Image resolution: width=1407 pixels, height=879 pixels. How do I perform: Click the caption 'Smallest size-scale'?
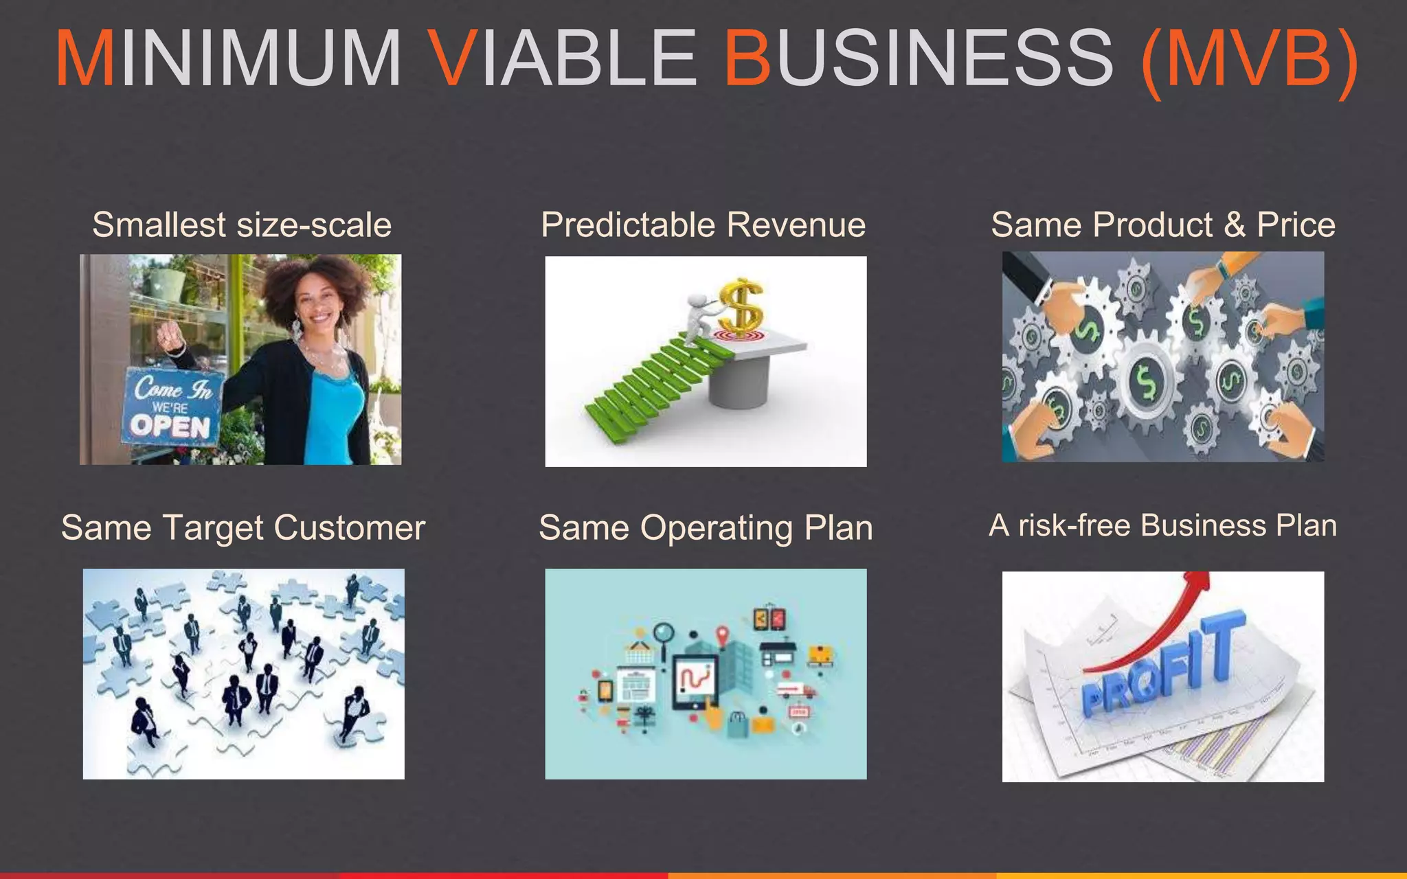coord(242,225)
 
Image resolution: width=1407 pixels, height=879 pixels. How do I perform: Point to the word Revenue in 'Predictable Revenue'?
coord(796,225)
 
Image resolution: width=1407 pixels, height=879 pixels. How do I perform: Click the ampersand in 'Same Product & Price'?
coord(1235,225)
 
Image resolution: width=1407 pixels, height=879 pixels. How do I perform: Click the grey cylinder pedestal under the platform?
coord(739,385)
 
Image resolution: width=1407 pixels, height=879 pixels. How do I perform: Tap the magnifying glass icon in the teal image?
coord(664,632)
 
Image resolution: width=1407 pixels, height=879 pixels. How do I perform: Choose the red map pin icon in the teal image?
coord(721,635)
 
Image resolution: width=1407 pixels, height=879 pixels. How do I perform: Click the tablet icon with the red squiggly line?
coord(695,680)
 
